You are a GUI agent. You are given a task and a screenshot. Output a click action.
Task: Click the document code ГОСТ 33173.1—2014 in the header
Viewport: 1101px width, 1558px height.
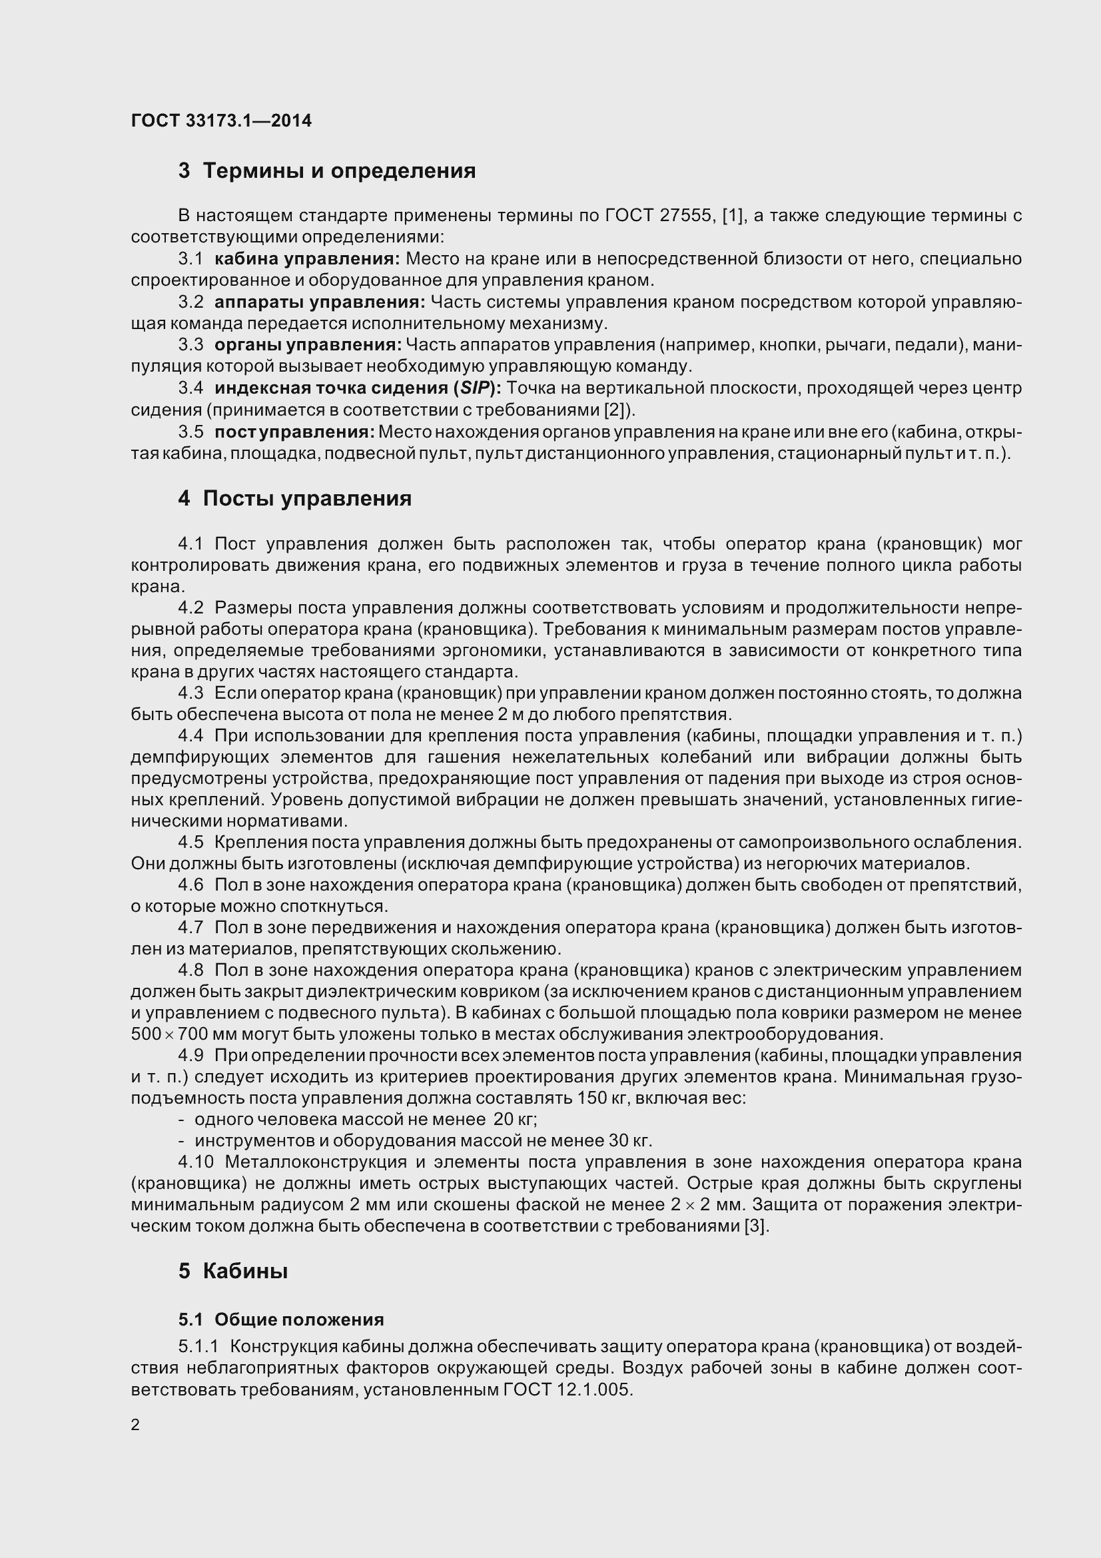pos(221,121)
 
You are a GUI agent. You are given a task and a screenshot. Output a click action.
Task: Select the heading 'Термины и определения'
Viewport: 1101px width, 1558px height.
pos(339,171)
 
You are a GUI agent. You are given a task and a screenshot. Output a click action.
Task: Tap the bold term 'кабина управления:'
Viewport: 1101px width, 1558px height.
pos(307,258)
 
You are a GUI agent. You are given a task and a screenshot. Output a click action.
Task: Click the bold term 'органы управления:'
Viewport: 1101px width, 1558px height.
pos(308,345)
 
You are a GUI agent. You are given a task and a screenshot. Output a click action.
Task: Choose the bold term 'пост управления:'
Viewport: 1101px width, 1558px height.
pos(294,432)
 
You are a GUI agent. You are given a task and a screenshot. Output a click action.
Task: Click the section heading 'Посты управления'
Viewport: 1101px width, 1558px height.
pos(307,499)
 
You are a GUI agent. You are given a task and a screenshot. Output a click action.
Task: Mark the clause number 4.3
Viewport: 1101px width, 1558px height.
pos(190,693)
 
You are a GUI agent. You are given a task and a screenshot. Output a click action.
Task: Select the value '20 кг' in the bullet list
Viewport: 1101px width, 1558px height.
pos(516,1120)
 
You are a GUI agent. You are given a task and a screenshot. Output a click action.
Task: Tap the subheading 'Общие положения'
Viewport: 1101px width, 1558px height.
pos(299,1320)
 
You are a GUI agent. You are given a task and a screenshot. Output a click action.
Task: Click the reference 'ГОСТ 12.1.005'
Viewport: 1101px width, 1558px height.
pos(567,1384)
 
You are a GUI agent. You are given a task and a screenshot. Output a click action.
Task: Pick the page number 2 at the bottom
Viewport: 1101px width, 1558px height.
pos(135,1424)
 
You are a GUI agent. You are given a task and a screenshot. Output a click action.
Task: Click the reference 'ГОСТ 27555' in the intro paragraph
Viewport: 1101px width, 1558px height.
pos(657,216)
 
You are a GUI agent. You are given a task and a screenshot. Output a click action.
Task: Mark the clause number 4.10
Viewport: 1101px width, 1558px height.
pos(195,1162)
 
